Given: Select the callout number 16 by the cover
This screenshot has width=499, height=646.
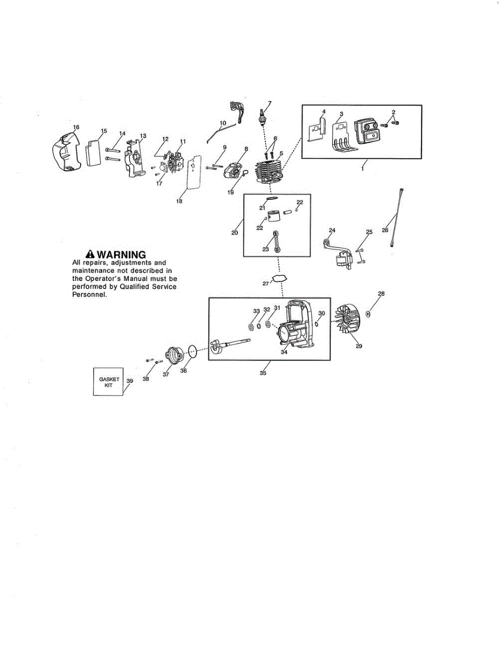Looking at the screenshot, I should [x=76, y=127].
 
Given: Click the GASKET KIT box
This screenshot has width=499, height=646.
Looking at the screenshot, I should [x=108, y=382].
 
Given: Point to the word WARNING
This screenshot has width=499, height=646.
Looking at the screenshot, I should [x=121, y=254].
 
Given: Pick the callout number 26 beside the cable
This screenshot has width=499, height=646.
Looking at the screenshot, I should [x=385, y=230].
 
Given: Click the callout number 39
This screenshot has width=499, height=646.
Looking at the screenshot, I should [x=129, y=381].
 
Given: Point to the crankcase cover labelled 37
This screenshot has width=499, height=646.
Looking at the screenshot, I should [x=173, y=356].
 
